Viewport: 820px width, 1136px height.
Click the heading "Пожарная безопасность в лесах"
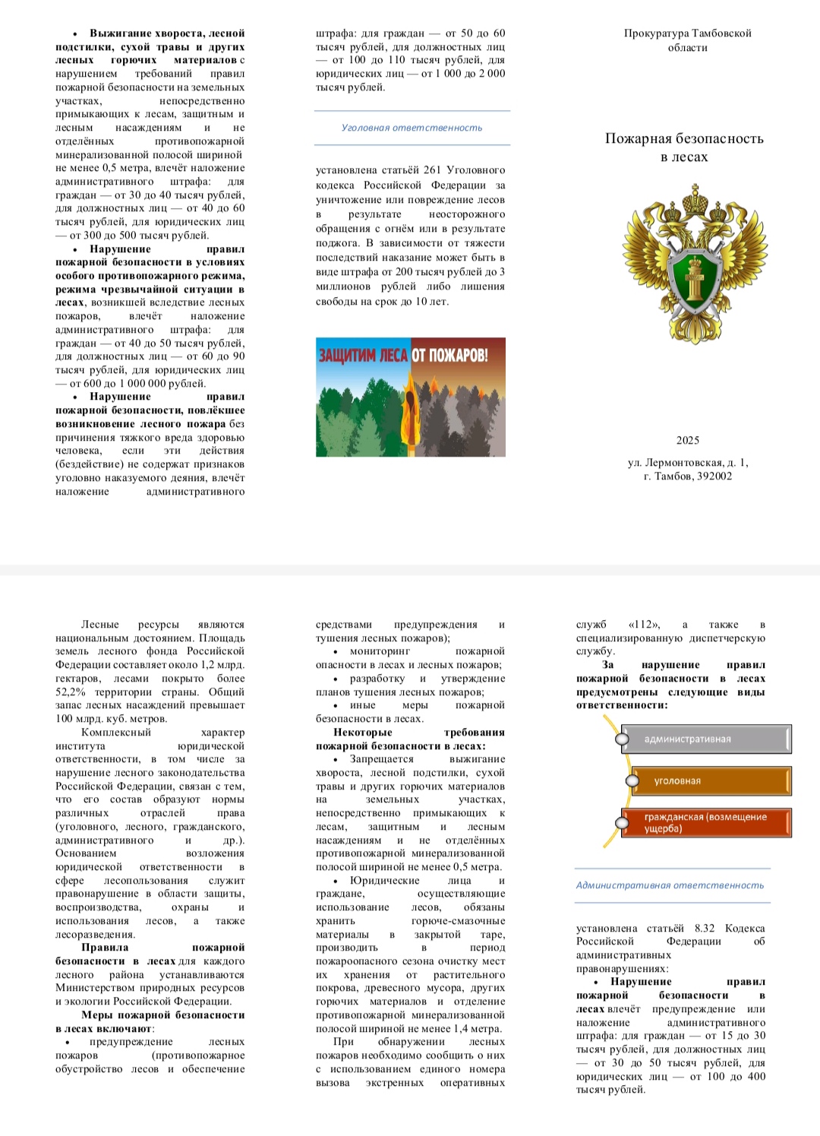[684, 147]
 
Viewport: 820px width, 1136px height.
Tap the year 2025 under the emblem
[687, 440]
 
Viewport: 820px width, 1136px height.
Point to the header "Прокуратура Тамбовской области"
[687, 40]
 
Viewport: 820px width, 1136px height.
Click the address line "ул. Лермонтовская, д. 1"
[687, 462]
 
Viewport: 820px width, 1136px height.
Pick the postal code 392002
[714, 476]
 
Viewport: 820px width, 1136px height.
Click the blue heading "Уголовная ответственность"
[412, 128]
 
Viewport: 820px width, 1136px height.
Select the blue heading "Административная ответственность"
[670, 885]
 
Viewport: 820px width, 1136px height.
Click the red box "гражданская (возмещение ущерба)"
[706, 823]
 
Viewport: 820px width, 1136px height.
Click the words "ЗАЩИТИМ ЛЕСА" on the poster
[363, 356]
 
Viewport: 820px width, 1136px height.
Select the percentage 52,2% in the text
[71, 692]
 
